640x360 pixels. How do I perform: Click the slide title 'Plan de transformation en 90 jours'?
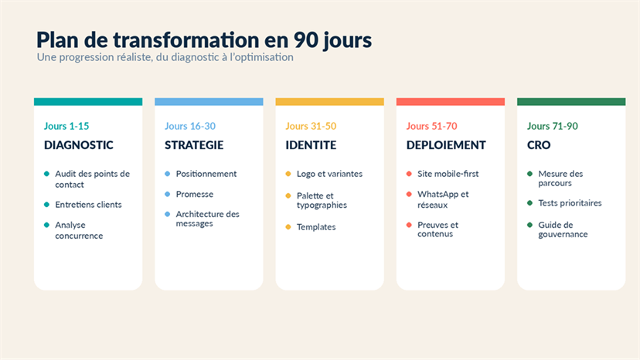pyautogui.click(x=204, y=40)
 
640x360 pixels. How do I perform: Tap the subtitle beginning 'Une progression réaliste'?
pyautogui.click(x=165, y=57)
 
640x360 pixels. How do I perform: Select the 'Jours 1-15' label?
pyautogui.click(x=66, y=126)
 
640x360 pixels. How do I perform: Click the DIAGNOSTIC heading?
pyautogui.click(x=79, y=145)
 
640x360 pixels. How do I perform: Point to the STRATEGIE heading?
pyautogui.click(x=194, y=145)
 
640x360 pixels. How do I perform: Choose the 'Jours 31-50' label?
pyautogui.click(x=311, y=126)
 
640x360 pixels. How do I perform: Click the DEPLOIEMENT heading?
pyautogui.click(x=446, y=145)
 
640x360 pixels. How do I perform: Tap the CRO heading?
pyautogui.click(x=539, y=145)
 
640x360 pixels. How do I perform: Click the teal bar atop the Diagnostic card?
pyautogui.click(x=88, y=102)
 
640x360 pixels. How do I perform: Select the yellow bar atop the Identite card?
pyautogui.click(x=330, y=102)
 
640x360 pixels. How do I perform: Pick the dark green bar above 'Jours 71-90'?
pyautogui.click(x=571, y=102)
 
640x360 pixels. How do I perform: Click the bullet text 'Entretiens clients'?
pyautogui.click(x=88, y=205)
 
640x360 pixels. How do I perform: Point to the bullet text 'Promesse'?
pyautogui.click(x=194, y=194)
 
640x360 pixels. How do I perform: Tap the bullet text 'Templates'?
pyautogui.click(x=316, y=227)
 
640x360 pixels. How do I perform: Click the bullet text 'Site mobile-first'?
pyautogui.click(x=448, y=174)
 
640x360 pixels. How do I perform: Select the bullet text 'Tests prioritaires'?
pyautogui.click(x=570, y=203)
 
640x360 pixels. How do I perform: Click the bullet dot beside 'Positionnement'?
pyautogui.click(x=168, y=174)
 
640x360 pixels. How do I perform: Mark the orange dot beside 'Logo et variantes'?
pyautogui.click(x=288, y=174)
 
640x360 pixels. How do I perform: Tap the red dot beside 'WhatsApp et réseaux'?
pyautogui.click(x=409, y=194)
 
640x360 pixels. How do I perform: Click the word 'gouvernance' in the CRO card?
pyautogui.click(x=563, y=235)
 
